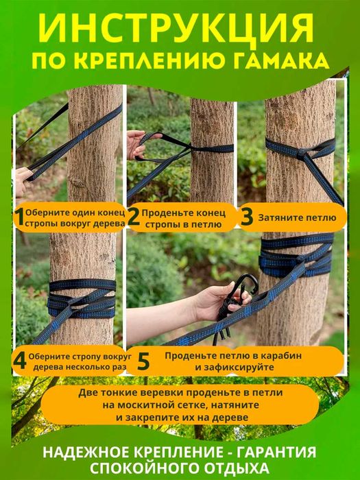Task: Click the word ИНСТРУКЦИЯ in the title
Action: [x=176, y=28]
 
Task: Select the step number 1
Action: [x=20, y=218]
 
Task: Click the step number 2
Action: [x=134, y=217]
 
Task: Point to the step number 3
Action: [x=247, y=217]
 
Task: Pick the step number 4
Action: [x=20, y=361]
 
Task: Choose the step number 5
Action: [x=143, y=361]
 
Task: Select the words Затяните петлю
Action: [x=297, y=217]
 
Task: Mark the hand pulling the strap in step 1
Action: [x=23, y=181]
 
